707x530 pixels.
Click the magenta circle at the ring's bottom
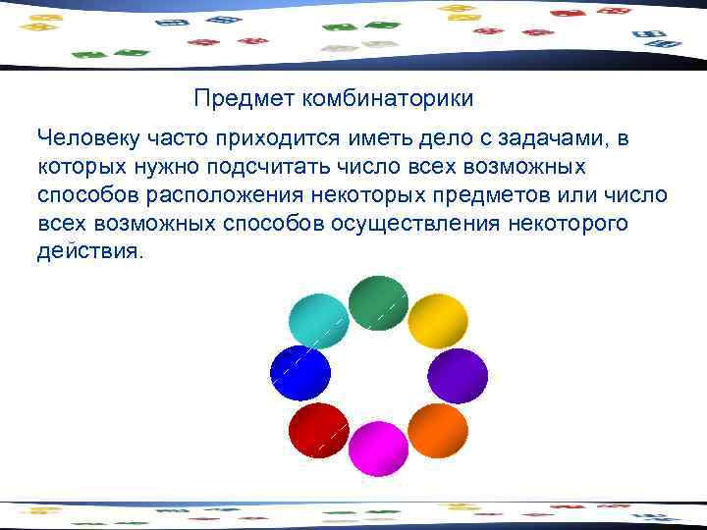click(x=378, y=448)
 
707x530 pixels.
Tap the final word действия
click(x=89, y=252)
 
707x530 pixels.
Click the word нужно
click(x=174, y=168)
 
